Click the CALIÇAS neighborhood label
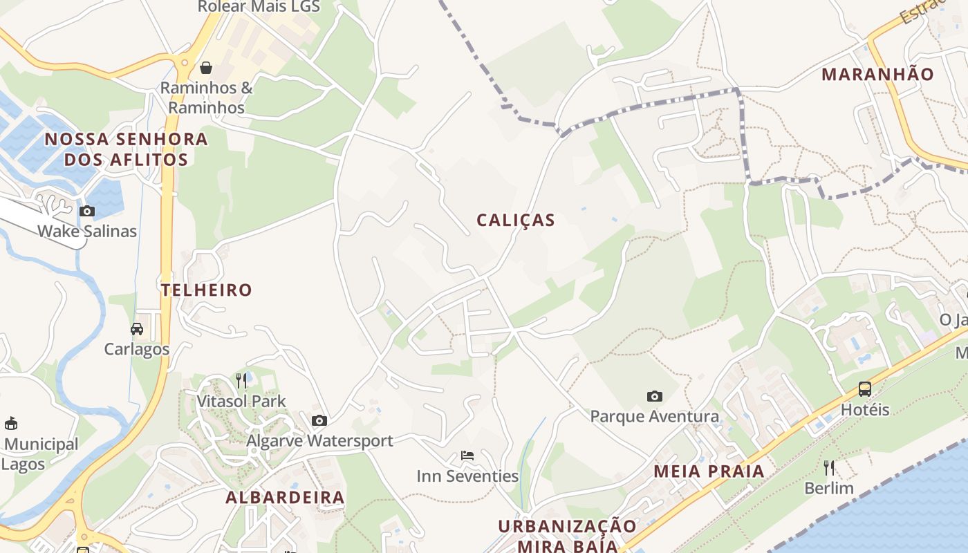click(x=516, y=221)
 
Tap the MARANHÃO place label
click(x=877, y=75)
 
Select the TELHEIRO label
click(x=207, y=290)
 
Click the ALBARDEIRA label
click(x=285, y=498)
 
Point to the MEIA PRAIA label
click(x=709, y=472)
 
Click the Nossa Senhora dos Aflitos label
click(x=127, y=149)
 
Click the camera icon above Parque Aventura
click(x=654, y=396)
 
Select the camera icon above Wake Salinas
click(x=87, y=211)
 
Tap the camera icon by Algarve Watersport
click(x=319, y=420)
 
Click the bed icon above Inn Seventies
click(x=467, y=456)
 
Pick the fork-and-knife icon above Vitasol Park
click(x=241, y=380)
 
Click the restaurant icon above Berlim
click(x=829, y=468)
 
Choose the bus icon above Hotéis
click(x=864, y=388)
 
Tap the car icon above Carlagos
click(x=137, y=328)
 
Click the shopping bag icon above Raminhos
click(x=205, y=68)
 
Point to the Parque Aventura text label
click(x=654, y=417)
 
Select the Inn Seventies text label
click(x=467, y=476)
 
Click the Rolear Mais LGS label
click(x=259, y=7)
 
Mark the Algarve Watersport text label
click(x=319, y=441)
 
